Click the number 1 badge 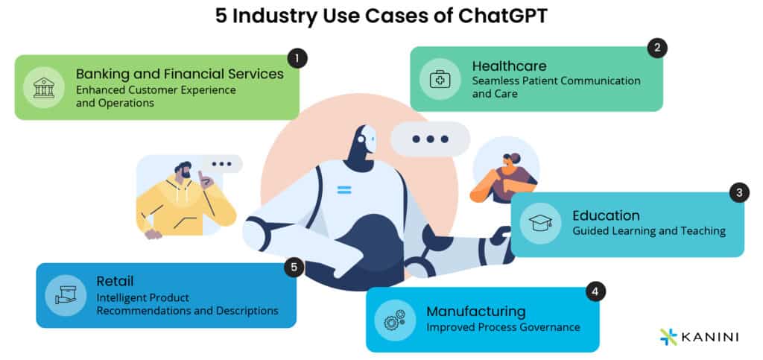297,58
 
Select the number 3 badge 738,192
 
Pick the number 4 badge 594,290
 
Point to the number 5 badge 294,267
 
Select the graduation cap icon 539,224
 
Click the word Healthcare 509,66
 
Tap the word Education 606,215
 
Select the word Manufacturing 475,311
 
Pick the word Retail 115,281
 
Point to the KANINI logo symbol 668,337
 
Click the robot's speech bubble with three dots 430,139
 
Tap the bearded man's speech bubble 221,164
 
